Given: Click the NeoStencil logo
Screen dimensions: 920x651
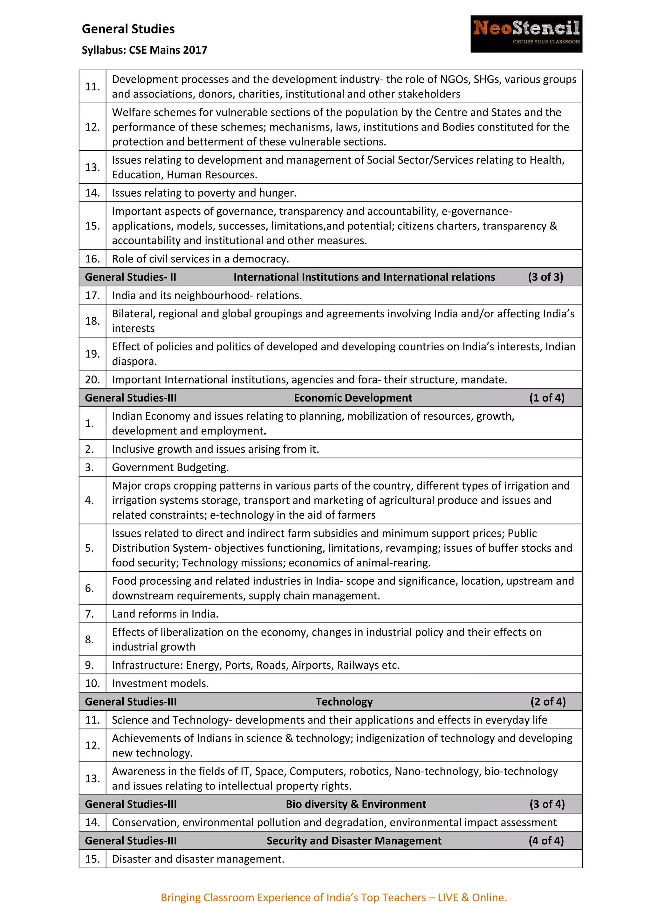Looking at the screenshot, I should (526, 34).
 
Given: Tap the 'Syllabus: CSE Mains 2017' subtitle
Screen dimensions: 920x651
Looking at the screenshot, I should (144, 50).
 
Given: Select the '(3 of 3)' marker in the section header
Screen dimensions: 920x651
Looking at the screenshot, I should (545, 277).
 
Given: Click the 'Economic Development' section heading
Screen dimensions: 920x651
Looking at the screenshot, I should (353, 398).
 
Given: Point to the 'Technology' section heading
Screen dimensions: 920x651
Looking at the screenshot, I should (344, 702).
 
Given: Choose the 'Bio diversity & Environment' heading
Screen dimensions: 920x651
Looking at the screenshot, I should (356, 804).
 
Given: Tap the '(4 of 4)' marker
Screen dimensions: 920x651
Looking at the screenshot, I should (546, 841).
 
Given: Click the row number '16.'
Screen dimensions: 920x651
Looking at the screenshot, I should (92, 259).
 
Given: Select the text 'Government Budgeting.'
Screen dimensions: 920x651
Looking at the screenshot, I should (170, 467).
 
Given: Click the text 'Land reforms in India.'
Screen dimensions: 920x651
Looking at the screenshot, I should (165, 614).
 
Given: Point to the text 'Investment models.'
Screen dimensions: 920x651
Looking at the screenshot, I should (160, 683).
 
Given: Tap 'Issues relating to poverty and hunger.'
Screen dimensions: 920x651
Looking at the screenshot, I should (204, 193).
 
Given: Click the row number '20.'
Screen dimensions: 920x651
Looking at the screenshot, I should (92, 379).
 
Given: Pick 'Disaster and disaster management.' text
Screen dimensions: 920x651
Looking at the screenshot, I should (198, 859).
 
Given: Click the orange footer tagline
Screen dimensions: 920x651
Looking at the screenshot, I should (333, 897).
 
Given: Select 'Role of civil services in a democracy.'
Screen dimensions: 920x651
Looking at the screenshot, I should (201, 259).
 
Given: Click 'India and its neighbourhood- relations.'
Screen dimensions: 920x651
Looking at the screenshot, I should (207, 295).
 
